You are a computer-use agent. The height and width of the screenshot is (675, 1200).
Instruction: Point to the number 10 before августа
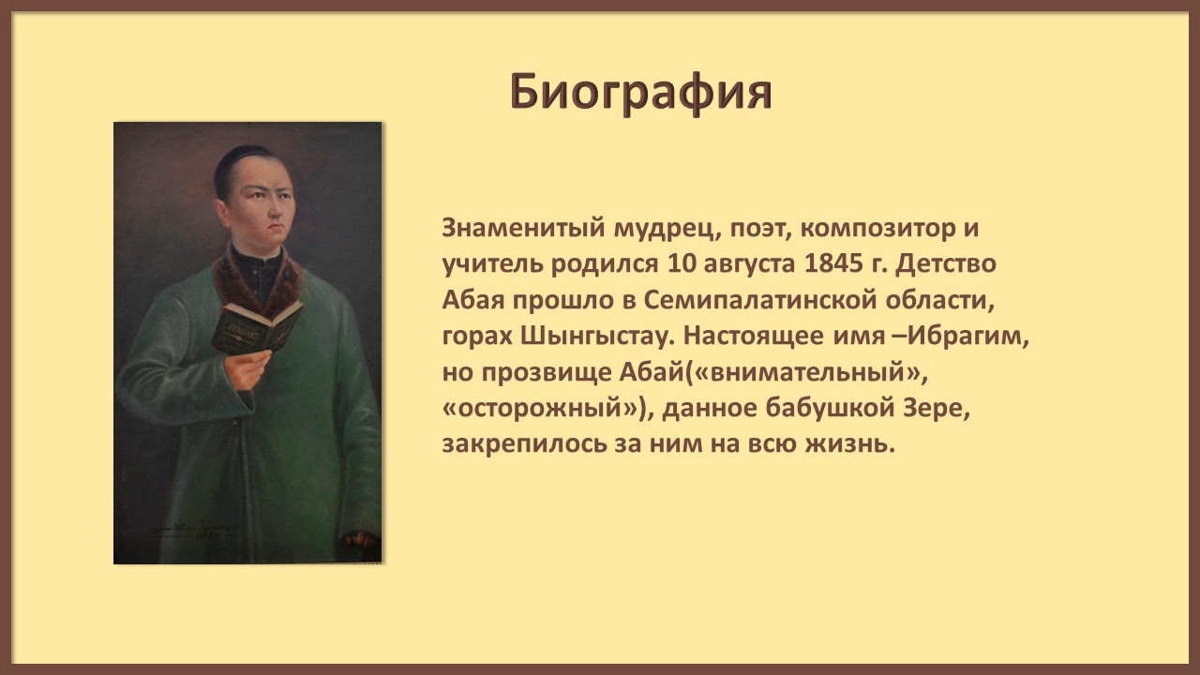coord(680,263)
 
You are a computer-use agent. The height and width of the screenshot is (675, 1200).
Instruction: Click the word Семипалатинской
coord(759,300)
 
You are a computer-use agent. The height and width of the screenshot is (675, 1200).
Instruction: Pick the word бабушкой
coord(830,408)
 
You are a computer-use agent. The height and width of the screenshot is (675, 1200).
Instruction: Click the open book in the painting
coord(257,327)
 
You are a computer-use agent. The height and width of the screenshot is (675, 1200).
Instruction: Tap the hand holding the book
coord(247,368)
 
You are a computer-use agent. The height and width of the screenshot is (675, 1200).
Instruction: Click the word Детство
coord(946,264)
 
